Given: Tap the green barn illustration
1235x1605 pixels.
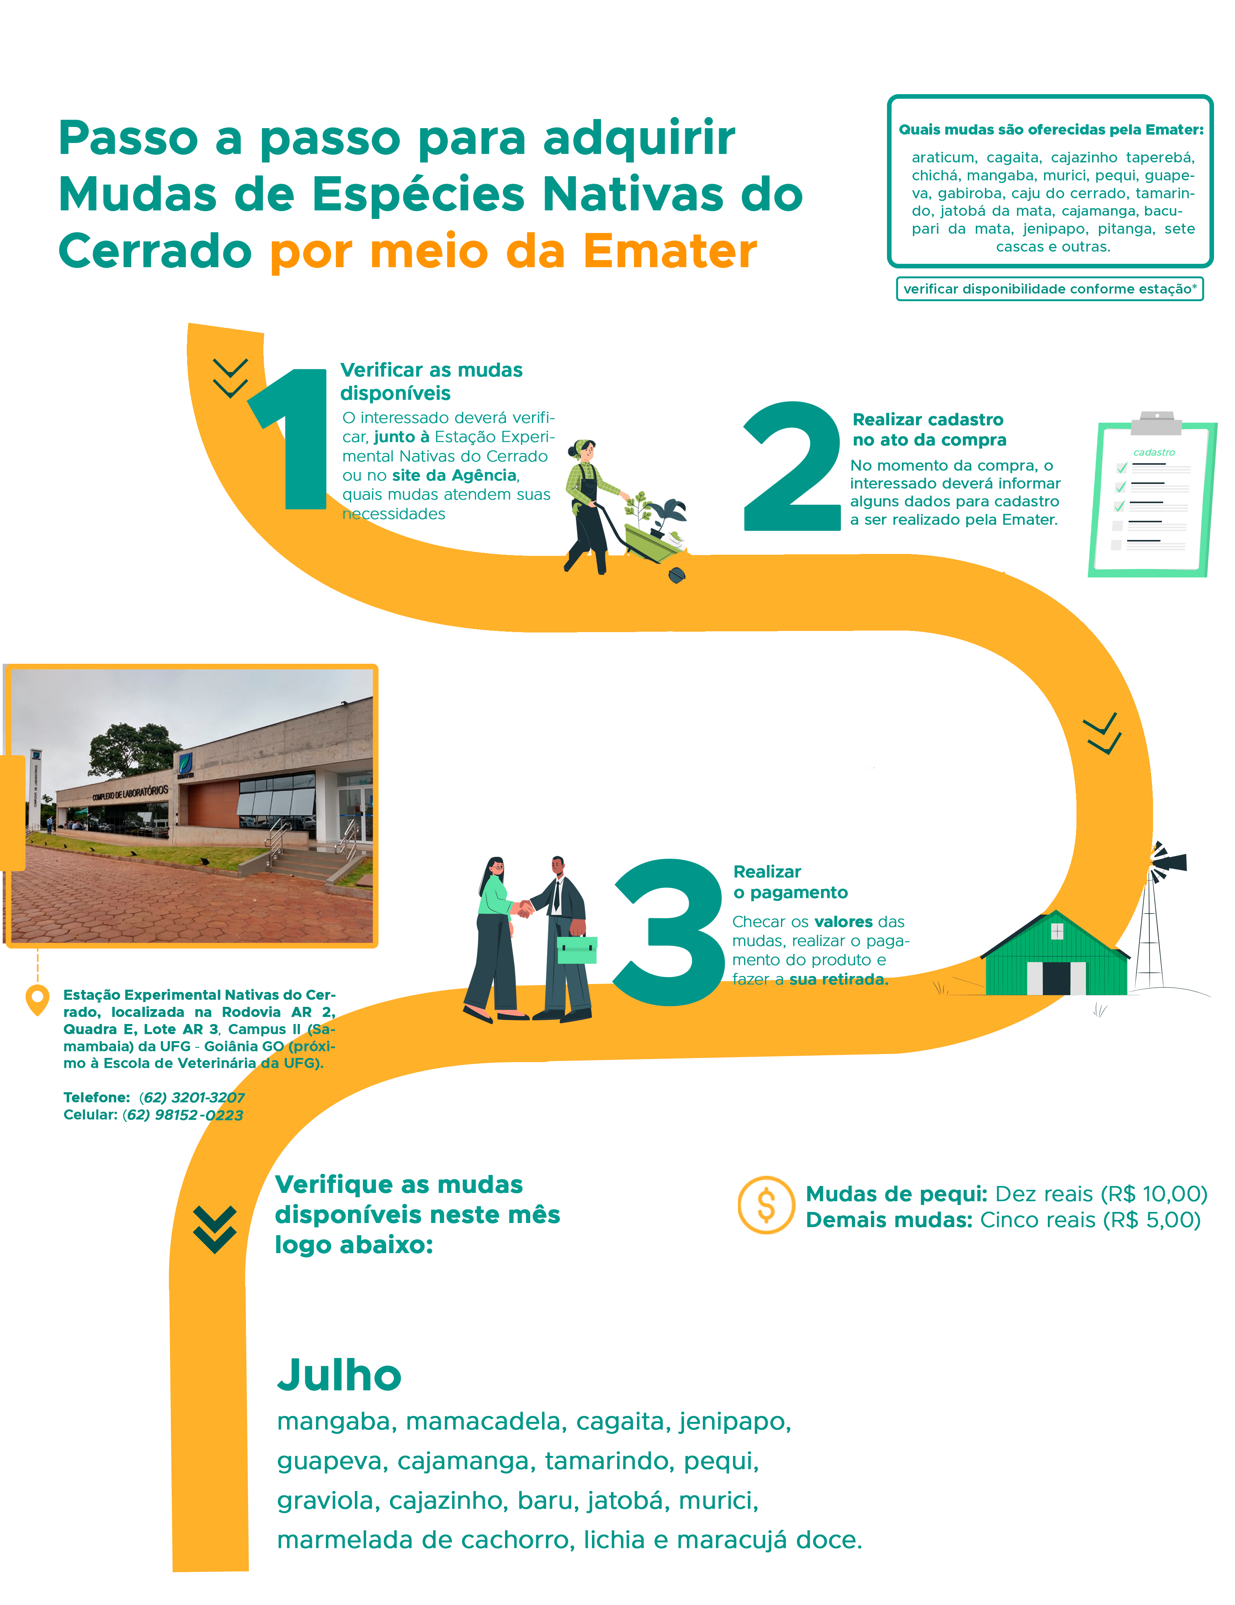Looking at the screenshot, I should [x=1056, y=955].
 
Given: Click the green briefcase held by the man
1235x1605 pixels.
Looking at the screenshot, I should [x=577, y=950].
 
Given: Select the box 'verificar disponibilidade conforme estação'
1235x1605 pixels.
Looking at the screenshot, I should [x=1050, y=289].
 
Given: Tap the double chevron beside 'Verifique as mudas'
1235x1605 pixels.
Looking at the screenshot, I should [x=215, y=1229].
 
